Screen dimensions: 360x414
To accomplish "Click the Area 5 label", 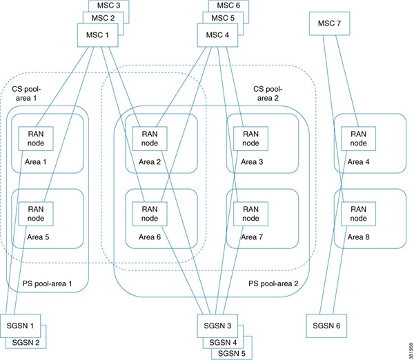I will point(37,237).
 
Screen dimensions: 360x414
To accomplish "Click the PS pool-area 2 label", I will point(273,283).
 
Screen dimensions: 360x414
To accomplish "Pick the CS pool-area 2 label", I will point(270,94).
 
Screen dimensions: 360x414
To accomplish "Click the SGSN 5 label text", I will point(230,353).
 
